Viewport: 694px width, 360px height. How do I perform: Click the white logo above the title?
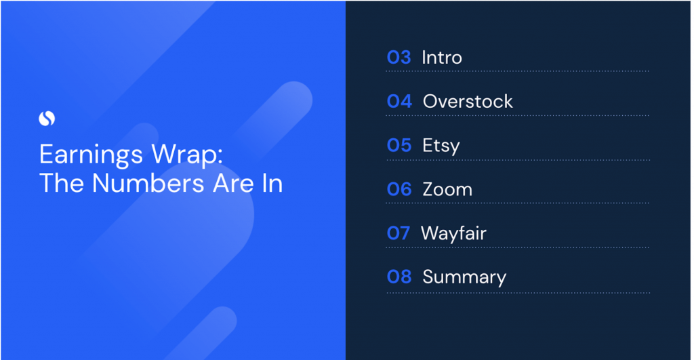point(47,118)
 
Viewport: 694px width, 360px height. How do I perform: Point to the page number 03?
point(399,58)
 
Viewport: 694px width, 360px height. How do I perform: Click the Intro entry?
point(442,58)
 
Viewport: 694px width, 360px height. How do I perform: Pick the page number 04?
point(399,102)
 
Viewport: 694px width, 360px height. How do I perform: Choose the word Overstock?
point(468,102)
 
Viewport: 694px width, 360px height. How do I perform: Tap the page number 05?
point(399,146)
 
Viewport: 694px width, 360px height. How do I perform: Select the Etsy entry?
point(441,146)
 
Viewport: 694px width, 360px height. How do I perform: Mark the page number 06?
point(399,189)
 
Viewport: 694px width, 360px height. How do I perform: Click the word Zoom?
point(447,189)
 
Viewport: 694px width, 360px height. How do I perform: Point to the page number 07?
point(399,233)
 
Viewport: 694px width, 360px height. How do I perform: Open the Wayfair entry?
point(453,233)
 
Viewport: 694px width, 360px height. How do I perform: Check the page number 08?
point(399,277)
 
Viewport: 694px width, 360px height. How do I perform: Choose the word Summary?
point(464,277)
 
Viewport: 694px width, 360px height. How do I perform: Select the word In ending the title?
point(272,182)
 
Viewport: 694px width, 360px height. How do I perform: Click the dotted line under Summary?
point(518,293)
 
